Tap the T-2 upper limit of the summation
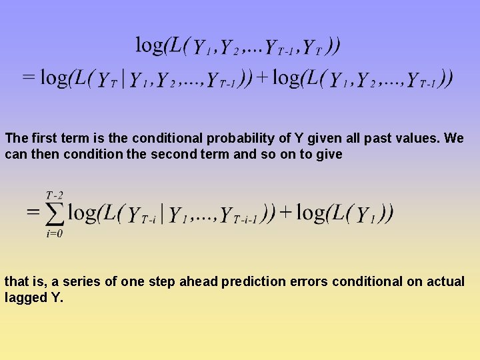(x=54, y=195)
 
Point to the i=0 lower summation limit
(x=55, y=234)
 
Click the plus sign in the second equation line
(x=263, y=78)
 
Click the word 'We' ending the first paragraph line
(x=454, y=139)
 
